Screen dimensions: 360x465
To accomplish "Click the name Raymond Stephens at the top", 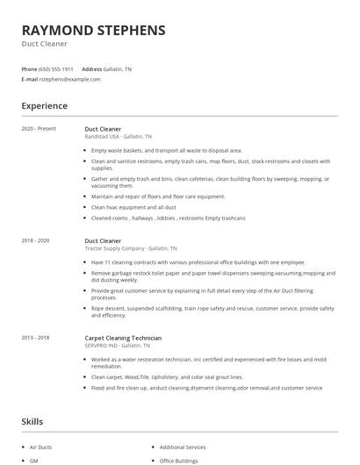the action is (93, 30).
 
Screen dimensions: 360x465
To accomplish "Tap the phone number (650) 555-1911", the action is (57, 68).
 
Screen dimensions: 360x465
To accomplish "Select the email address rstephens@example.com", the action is (69, 79).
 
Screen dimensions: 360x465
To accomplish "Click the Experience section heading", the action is (44, 106).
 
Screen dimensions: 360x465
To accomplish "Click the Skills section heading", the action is (32, 422).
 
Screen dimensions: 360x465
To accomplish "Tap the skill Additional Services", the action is (184, 447).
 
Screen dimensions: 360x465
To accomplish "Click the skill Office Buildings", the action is (179, 461).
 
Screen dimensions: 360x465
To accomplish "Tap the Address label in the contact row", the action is (91, 68).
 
